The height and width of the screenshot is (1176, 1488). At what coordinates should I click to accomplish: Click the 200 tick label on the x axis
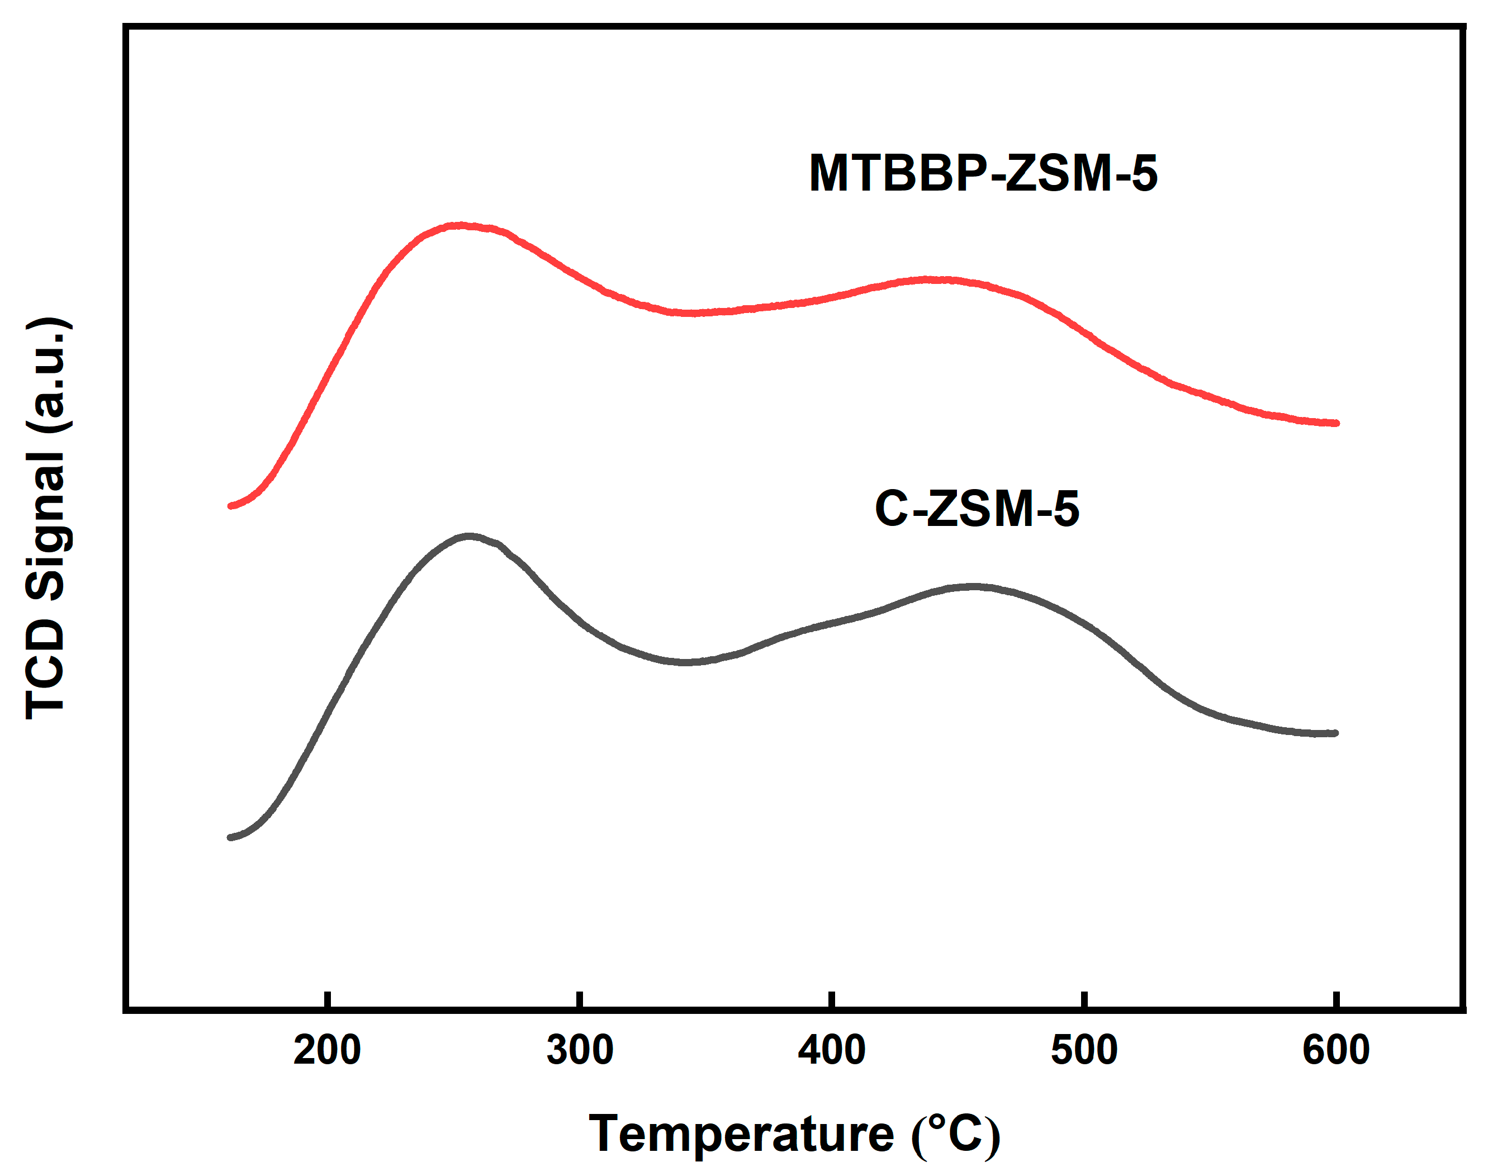(326, 1051)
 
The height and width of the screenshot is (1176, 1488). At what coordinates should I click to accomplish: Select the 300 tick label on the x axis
(580, 1051)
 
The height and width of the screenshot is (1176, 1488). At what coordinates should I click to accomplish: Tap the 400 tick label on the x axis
(832, 1051)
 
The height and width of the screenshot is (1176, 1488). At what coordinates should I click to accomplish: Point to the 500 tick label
(1084, 1051)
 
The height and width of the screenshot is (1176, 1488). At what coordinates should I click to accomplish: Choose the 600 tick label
(1336, 1051)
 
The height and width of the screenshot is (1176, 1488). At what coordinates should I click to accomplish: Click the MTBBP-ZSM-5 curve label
(983, 173)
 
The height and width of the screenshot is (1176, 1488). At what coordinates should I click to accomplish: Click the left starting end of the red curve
(231, 506)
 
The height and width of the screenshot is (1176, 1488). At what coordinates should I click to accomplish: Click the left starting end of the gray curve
(231, 837)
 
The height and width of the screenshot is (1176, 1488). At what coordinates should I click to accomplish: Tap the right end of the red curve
(1336, 423)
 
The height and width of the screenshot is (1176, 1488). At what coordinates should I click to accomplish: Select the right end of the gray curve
(1335, 733)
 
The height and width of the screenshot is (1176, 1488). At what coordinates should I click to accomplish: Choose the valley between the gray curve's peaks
(685, 662)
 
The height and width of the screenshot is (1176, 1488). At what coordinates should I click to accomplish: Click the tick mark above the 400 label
(832, 1000)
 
